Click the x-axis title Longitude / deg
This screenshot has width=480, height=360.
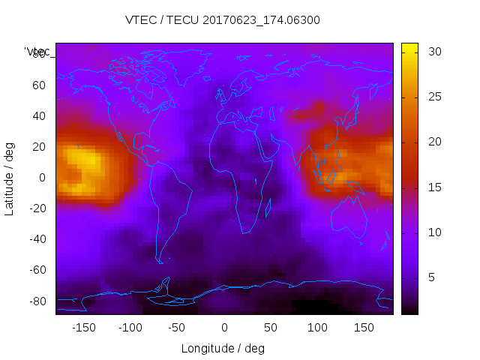(223, 348)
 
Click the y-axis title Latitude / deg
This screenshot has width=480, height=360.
(10, 178)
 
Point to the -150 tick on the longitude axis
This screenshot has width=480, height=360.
(84, 327)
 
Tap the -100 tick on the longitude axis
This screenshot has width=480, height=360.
(130, 327)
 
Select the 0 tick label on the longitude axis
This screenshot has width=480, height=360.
(224, 327)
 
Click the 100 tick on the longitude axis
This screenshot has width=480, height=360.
(317, 327)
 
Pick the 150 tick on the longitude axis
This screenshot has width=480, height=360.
(364, 327)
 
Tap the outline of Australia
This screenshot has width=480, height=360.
(349, 217)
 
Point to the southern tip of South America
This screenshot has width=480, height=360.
(160, 262)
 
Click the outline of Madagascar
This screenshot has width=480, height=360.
(268, 206)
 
